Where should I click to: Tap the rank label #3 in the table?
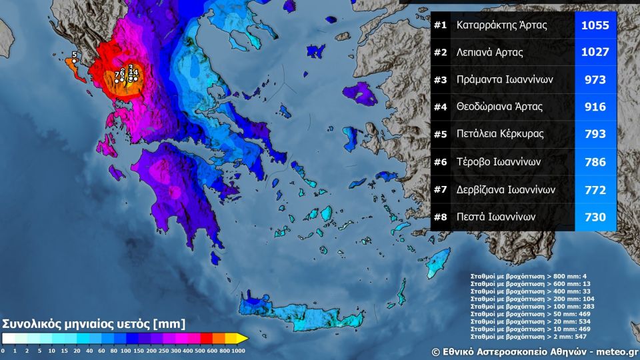tap(440, 80)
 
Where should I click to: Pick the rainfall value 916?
tap(595, 107)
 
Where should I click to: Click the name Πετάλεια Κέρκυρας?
tap(500, 134)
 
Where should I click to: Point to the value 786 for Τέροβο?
tap(595, 162)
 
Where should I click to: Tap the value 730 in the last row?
tap(595, 217)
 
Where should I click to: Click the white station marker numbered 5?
tap(75, 61)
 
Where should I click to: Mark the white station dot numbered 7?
tap(117, 81)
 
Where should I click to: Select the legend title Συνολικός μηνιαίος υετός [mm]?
tap(94, 324)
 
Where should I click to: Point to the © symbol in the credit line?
tap(435, 351)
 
